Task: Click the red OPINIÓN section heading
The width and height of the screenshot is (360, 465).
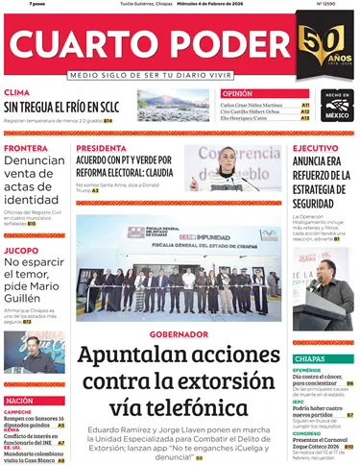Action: point(236,93)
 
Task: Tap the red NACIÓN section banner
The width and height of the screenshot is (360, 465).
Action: point(22,399)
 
